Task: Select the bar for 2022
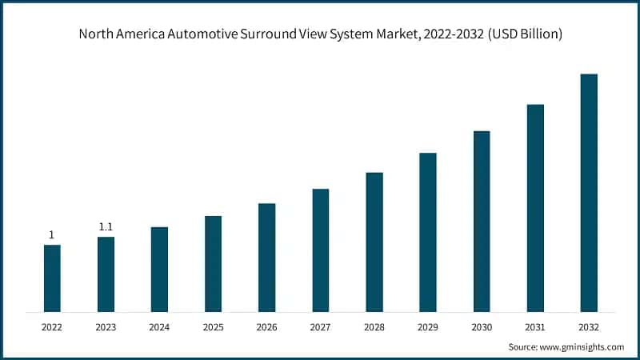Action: tap(52, 278)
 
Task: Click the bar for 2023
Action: tap(106, 274)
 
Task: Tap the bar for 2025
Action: tap(213, 263)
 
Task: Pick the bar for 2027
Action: tap(321, 250)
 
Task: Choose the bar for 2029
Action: tap(428, 232)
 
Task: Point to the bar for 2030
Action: tap(482, 221)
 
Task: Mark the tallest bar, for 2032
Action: tap(589, 192)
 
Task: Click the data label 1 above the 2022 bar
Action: tap(52, 235)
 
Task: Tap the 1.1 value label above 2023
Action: tap(106, 227)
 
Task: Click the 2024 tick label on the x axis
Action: tap(159, 327)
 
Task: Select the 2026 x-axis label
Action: tap(266, 327)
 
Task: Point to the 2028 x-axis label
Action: tap(374, 327)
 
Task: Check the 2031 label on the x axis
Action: tap(535, 327)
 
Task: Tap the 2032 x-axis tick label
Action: tap(589, 327)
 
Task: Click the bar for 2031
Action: tap(535, 207)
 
